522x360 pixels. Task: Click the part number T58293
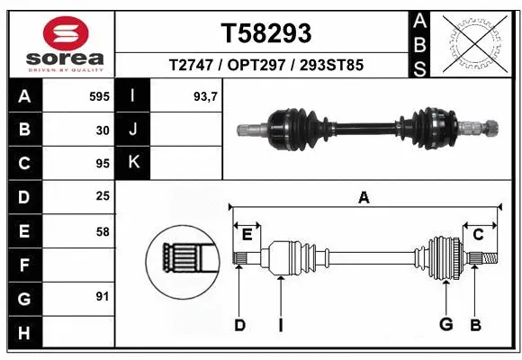(266, 33)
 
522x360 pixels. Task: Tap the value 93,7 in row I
(206, 95)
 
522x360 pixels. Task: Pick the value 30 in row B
(103, 130)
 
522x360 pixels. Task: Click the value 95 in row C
(103, 164)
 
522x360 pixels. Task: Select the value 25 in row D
(103, 196)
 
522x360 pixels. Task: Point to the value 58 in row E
(103, 231)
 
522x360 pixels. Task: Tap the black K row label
(133, 163)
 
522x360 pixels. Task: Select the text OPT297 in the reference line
(265, 66)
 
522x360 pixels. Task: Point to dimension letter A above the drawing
(364, 198)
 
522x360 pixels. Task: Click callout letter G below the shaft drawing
(445, 324)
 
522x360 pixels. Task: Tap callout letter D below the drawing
(239, 324)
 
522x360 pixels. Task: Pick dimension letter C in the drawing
(479, 235)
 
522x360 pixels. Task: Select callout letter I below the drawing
(281, 324)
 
